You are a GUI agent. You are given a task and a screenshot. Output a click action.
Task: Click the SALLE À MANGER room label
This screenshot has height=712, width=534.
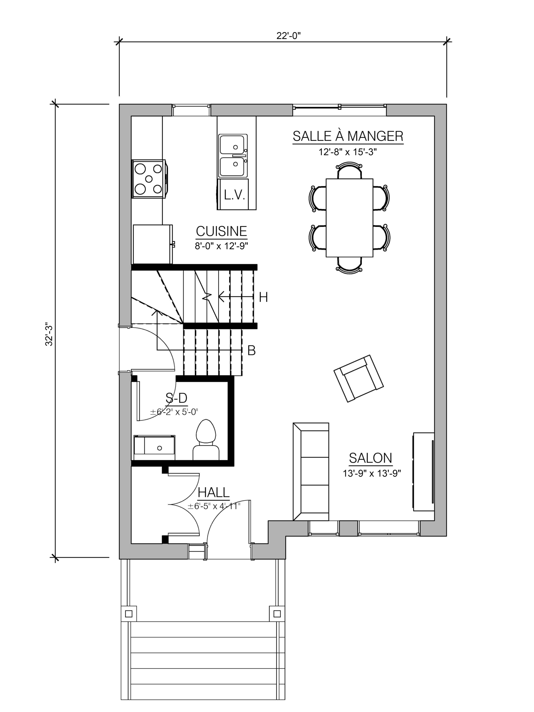coord(348,136)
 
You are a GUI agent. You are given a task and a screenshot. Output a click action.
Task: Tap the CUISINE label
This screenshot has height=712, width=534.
coord(221,231)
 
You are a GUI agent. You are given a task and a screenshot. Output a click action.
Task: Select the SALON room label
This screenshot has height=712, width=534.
coord(370,458)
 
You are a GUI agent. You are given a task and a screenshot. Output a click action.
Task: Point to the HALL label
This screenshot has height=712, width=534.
coord(214,493)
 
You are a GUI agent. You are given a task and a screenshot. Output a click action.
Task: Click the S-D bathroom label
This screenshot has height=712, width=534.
coord(176,398)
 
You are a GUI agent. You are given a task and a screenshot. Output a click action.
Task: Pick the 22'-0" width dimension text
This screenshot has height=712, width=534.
coord(288,36)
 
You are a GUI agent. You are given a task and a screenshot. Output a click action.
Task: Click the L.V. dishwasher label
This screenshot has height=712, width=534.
coord(235,195)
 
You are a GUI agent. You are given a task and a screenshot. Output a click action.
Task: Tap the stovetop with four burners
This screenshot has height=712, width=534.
coord(149,179)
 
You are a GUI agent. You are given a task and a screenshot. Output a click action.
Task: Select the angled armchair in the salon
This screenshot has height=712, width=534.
coord(359,378)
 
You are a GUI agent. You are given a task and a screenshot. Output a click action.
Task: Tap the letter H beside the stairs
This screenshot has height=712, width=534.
coord(263,297)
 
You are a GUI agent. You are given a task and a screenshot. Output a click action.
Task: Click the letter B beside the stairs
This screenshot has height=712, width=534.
coord(251,350)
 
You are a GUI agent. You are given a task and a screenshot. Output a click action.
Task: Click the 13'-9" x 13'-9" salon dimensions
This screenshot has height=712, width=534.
coord(372,473)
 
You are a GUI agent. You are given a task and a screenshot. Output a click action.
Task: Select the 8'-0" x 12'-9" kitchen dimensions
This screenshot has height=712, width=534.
coord(221,246)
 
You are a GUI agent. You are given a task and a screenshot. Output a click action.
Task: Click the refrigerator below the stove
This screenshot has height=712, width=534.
coord(153,244)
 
